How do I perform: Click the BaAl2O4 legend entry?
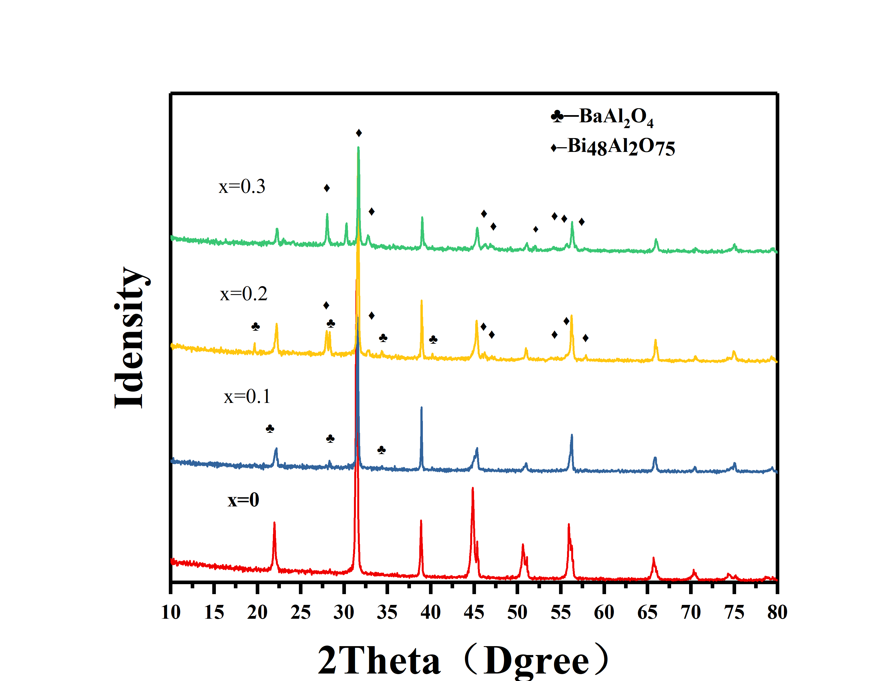click(602, 117)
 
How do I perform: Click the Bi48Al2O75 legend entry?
click(613, 147)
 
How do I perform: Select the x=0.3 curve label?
click(242, 187)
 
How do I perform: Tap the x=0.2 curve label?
click(244, 294)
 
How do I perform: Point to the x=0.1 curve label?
click(247, 397)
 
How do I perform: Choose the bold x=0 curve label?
click(243, 500)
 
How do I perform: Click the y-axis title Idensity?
click(129, 337)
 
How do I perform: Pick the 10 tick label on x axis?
click(171, 612)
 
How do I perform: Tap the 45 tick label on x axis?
click(474, 612)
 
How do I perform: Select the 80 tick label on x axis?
click(777, 612)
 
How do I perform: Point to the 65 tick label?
click(647, 612)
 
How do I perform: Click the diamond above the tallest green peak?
click(359, 133)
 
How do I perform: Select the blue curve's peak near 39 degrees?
click(421, 408)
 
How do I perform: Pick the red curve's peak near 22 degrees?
click(274, 523)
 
